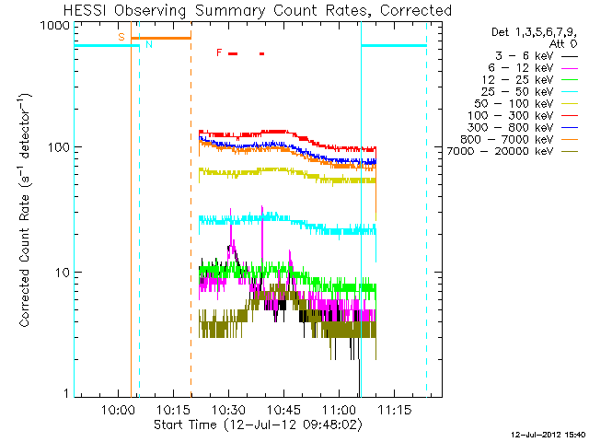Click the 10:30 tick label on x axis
click(229, 410)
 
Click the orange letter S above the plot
click(121, 37)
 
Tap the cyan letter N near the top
click(149, 44)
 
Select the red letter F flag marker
click(219, 52)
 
